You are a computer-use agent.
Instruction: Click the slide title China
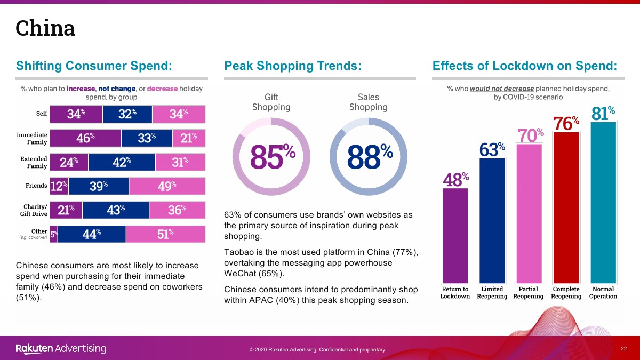tap(45, 28)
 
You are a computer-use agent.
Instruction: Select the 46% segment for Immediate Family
tap(85, 138)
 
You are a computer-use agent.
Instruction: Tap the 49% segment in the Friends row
tap(167, 186)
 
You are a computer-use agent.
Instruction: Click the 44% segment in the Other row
tap(92, 234)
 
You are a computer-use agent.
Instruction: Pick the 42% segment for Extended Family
tap(122, 162)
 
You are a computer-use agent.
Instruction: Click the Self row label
tap(42, 114)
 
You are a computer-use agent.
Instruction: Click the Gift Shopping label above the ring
tap(271, 102)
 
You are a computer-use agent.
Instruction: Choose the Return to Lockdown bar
tap(455, 235)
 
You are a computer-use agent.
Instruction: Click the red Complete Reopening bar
tap(566, 208)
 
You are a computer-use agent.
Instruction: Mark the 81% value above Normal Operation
tap(603, 113)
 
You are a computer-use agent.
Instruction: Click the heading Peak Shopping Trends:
tap(293, 66)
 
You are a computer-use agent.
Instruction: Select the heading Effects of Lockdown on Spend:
tap(525, 66)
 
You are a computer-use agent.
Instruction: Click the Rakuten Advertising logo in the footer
tap(61, 349)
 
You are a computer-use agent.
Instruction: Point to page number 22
tap(623, 348)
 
